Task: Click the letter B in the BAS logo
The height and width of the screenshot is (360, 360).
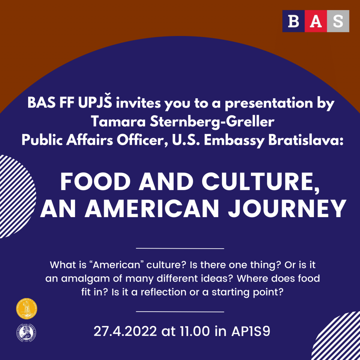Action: pyautogui.click(x=293, y=21)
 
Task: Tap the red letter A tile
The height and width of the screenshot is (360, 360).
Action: pyautogui.click(x=316, y=21)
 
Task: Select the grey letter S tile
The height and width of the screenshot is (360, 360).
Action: pyautogui.click(x=338, y=21)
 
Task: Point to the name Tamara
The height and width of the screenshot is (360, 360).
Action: pyautogui.click(x=118, y=121)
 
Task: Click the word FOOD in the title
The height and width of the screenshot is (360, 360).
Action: pyautogui.click(x=95, y=181)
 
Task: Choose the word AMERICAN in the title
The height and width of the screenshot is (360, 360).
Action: pyautogui.click(x=152, y=208)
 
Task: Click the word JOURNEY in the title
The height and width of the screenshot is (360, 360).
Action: pyautogui.click(x=287, y=208)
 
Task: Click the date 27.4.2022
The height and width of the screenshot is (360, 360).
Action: pyautogui.click(x=125, y=331)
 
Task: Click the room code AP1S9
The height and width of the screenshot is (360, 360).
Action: pyautogui.click(x=250, y=331)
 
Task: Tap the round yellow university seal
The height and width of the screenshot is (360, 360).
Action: pyautogui.click(x=27, y=309)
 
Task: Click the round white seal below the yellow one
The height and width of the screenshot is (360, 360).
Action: pyautogui.click(x=26, y=333)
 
